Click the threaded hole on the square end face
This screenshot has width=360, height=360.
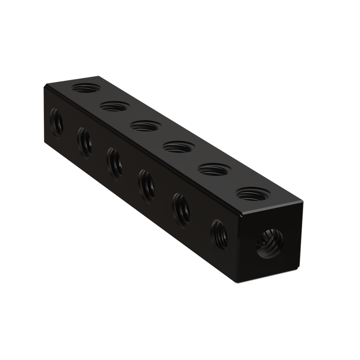[x=267, y=245]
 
